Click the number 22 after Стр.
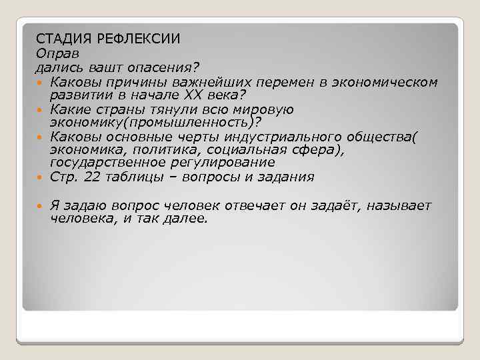pyautogui.click(x=84, y=177)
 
